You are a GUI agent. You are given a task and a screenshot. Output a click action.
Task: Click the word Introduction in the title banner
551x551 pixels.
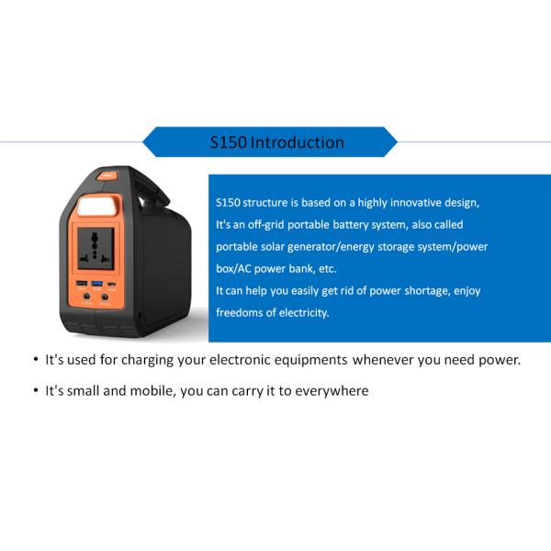point(298,142)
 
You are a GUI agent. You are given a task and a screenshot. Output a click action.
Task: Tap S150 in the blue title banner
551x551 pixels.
point(228,142)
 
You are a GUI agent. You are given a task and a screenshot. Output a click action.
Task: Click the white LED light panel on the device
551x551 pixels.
point(96,207)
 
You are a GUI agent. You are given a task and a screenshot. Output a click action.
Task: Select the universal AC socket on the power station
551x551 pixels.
point(96,249)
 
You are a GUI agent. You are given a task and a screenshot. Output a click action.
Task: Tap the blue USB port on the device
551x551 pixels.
point(97,284)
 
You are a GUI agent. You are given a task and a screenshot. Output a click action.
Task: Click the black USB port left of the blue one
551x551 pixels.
point(82,283)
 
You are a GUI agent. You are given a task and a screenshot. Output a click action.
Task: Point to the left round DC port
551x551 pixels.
point(86,297)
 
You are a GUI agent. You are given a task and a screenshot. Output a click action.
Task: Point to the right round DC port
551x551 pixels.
point(105,297)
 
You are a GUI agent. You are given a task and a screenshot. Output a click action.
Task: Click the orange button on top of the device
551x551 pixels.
point(107,175)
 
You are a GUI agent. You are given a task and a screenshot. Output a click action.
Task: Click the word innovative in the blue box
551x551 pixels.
point(415,202)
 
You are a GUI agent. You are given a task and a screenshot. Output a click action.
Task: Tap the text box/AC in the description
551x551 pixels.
point(233,269)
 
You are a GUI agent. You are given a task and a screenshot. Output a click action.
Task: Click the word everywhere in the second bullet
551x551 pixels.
point(332,391)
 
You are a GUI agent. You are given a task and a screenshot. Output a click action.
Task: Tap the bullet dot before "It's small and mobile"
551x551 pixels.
point(36,390)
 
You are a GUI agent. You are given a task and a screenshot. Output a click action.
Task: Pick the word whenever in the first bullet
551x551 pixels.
point(383,360)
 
